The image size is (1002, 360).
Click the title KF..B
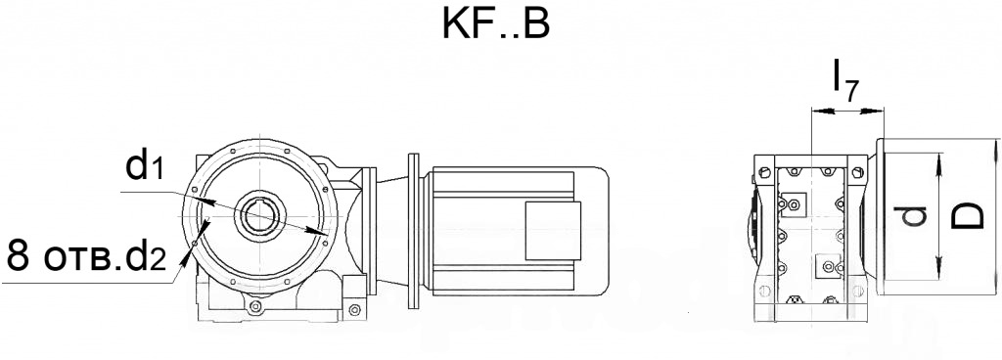pos(495,25)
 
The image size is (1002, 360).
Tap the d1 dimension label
pos(147,165)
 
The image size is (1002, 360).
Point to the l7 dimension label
pos(844,80)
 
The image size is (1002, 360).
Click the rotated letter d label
pos(914,216)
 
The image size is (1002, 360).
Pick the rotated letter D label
pos(966,216)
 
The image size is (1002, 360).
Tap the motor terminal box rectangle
pos(553,231)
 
